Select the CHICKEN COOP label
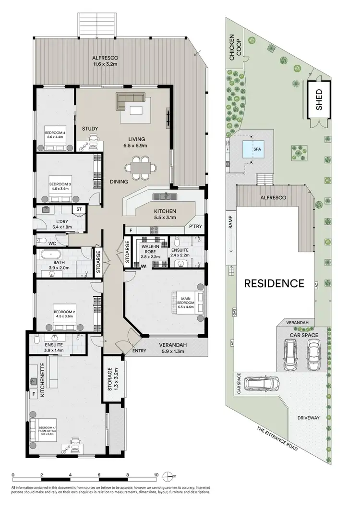tap(234, 48)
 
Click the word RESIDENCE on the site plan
tap(275, 283)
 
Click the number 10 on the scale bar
tap(156, 475)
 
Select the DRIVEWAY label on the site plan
tap(308, 418)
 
